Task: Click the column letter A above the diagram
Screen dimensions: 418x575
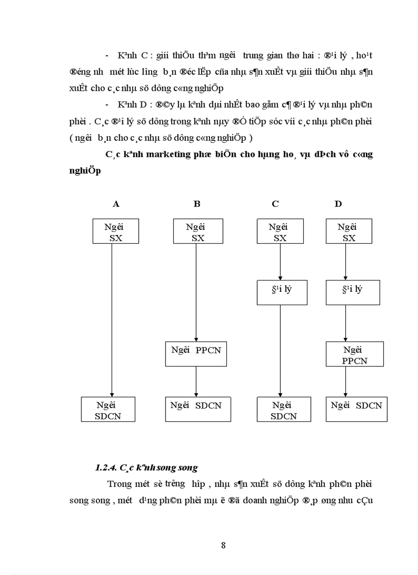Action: [x=116, y=204]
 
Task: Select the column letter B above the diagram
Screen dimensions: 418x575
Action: [x=197, y=204]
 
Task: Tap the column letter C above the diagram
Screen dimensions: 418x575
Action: [x=275, y=204]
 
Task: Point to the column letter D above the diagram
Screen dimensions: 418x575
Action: [x=338, y=204]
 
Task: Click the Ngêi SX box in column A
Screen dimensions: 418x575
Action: [x=115, y=231]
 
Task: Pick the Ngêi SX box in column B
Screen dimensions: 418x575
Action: [x=196, y=231]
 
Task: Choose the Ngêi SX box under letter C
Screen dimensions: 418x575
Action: [x=279, y=231]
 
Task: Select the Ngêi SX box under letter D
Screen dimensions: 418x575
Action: [x=348, y=231]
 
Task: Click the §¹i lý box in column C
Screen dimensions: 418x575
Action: [x=280, y=292]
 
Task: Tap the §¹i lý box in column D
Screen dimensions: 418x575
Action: [x=353, y=292]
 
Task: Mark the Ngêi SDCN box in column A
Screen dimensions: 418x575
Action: [x=108, y=410]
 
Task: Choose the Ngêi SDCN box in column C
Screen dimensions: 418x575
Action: [x=283, y=410]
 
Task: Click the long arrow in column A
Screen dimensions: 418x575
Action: [x=112, y=317]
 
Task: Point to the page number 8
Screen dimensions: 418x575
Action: [x=223, y=545]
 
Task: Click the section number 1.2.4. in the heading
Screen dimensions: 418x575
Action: [x=106, y=467]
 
